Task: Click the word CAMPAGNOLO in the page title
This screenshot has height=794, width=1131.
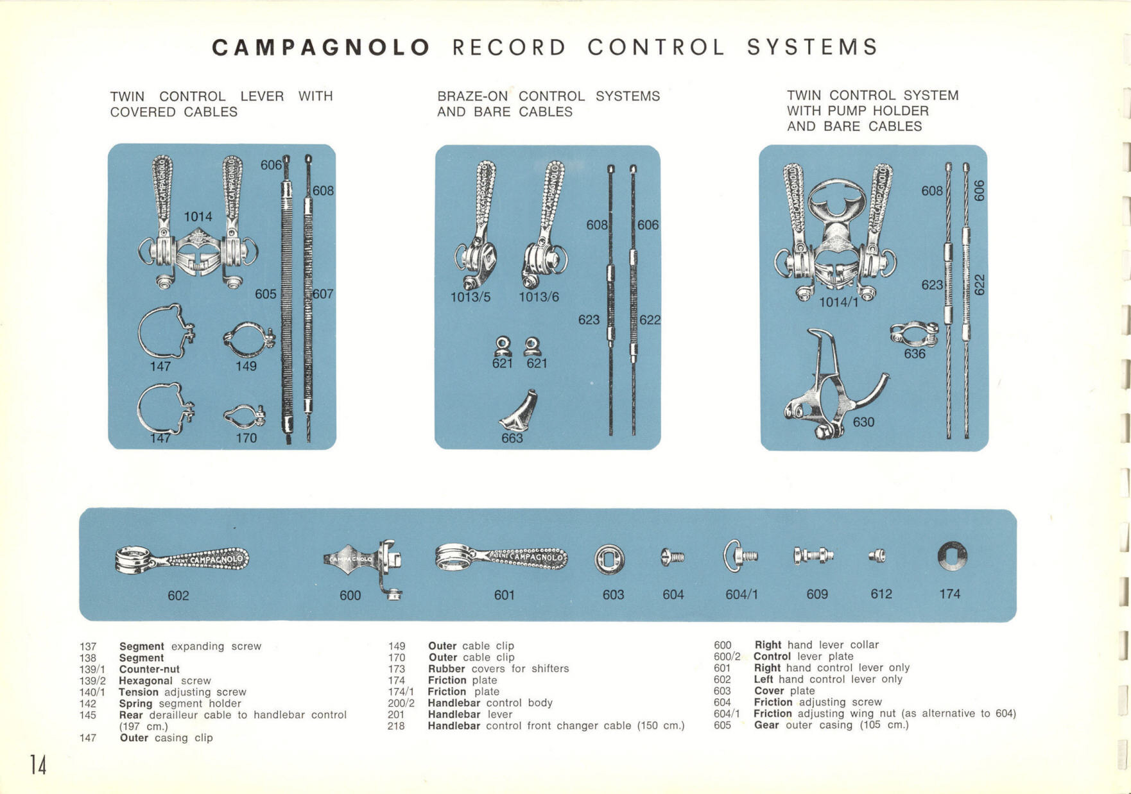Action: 320,47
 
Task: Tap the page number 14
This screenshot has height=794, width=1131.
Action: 38,764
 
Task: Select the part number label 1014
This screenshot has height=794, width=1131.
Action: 198,217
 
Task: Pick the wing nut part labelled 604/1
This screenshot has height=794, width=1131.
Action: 740,556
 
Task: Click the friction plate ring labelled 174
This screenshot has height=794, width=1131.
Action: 951,556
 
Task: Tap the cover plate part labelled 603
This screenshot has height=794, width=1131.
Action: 609,559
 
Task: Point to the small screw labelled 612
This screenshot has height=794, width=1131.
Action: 877,556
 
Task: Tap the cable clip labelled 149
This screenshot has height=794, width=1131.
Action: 249,340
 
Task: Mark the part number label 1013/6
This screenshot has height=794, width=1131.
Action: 539,297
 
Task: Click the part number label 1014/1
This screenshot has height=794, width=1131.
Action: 838,302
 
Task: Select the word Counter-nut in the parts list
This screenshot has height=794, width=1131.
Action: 149,669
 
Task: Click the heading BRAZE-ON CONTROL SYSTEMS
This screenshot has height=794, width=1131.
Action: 548,96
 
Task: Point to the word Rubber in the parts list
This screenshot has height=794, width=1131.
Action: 446,668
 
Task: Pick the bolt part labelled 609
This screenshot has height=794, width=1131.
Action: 813,556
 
